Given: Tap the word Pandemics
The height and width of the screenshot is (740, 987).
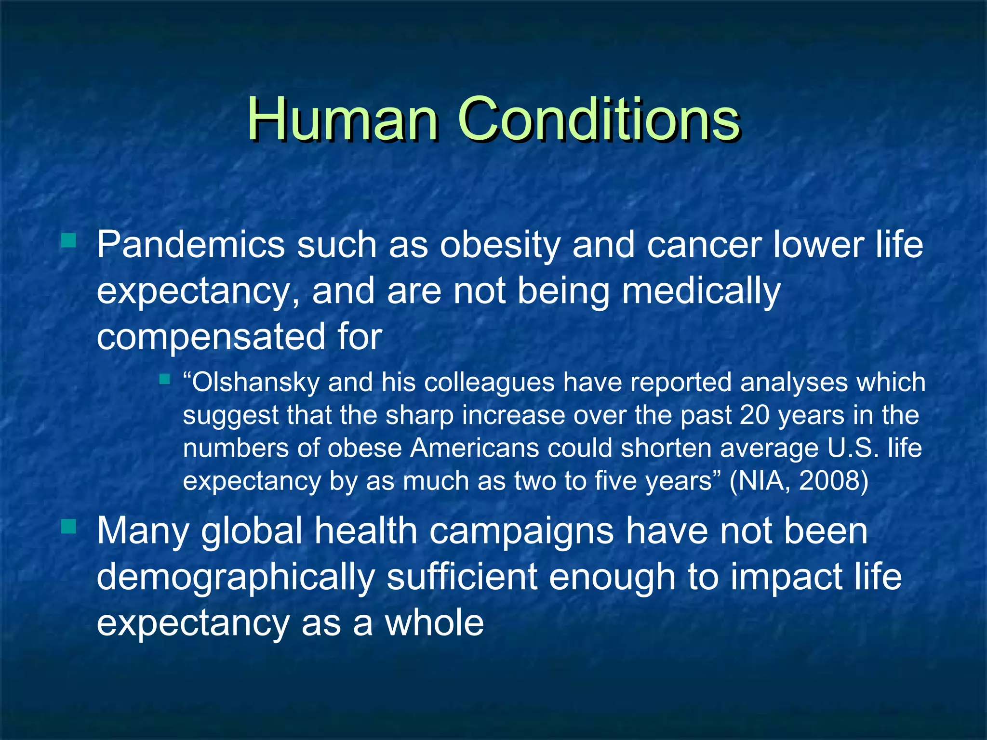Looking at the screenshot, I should pyautogui.click(x=191, y=245).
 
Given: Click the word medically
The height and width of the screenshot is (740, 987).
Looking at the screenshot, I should pyautogui.click(x=701, y=291).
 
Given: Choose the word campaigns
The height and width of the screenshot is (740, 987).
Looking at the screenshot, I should pyautogui.click(x=521, y=531).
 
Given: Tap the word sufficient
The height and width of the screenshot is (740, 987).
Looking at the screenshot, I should pyautogui.click(x=462, y=577).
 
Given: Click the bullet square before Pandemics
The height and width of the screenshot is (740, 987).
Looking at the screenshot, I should pyautogui.click(x=69, y=240).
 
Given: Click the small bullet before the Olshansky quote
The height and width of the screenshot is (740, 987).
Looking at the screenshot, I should pyautogui.click(x=164, y=380).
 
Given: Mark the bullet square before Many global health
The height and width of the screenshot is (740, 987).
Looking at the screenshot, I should pyautogui.click(x=69, y=526).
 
